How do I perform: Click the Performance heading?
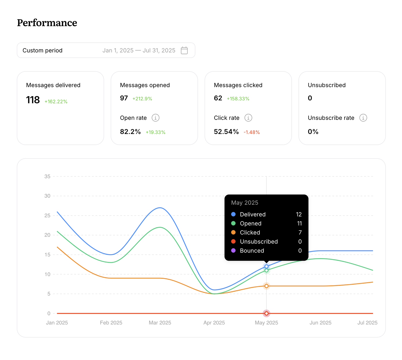(47, 23)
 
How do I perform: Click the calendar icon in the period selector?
(184, 50)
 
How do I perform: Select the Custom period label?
(43, 50)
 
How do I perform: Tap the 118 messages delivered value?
(33, 100)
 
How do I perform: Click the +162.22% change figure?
(56, 101)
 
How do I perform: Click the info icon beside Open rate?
(155, 118)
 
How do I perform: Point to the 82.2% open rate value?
(130, 132)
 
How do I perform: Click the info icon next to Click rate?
(248, 118)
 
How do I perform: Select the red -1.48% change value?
(251, 132)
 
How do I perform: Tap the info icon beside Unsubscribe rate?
(363, 118)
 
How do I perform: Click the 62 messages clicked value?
(218, 98)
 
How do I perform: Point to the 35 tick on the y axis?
(47, 176)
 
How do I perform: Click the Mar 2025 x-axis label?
(160, 323)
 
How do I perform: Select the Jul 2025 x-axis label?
(367, 323)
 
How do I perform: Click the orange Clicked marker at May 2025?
(266, 286)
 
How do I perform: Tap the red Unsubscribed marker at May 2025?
(266, 313)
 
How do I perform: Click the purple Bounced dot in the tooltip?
(233, 250)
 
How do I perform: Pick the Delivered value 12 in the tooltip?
(299, 214)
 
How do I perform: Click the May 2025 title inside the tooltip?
(244, 203)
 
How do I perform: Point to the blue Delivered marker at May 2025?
(266, 266)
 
